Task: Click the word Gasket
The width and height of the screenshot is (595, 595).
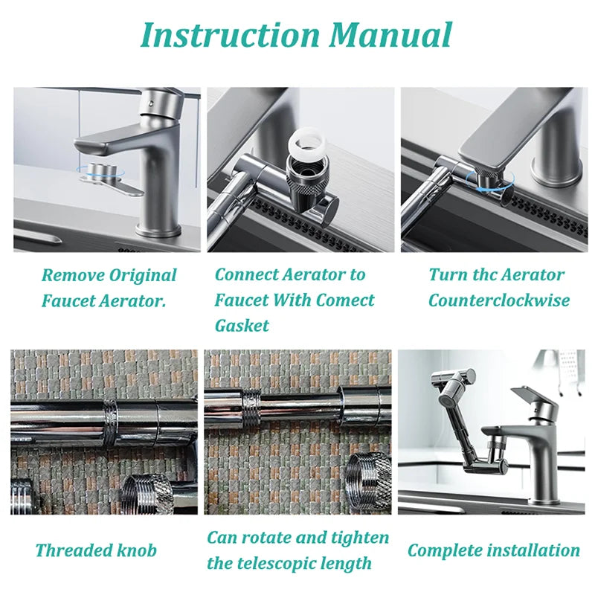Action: (x=242, y=326)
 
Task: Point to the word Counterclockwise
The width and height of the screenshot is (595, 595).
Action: (x=498, y=300)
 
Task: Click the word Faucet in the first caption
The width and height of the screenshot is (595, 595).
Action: (x=68, y=300)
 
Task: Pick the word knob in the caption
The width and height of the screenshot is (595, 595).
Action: (x=137, y=551)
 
